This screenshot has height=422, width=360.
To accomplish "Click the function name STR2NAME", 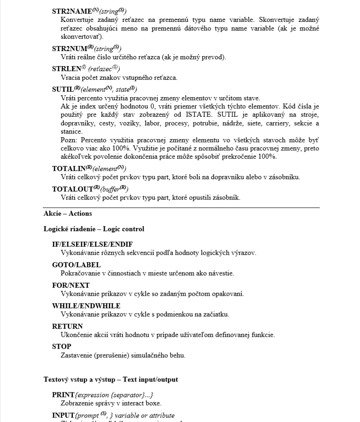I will [x=72, y=10].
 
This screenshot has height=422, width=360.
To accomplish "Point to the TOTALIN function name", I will [x=69, y=168].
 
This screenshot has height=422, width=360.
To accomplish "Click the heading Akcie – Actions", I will [x=67, y=214].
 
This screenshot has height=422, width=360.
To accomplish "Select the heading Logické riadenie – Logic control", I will [x=94, y=229].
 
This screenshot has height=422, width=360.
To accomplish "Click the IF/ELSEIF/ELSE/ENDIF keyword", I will [x=93, y=245].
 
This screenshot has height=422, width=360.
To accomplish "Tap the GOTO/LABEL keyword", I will [x=77, y=265].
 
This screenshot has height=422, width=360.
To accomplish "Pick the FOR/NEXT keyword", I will [x=71, y=286].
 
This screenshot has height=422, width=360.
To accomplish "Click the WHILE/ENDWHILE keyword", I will [x=86, y=306].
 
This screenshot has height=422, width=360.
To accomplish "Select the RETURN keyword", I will [x=67, y=327].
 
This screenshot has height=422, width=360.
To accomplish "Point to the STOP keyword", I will [x=62, y=347].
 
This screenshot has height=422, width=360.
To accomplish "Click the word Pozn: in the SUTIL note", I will [x=69, y=140].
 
